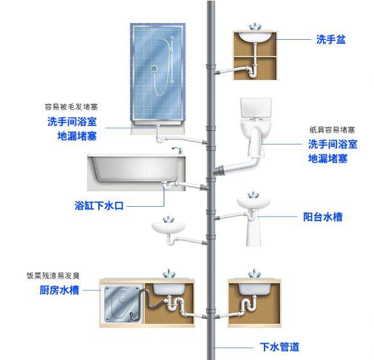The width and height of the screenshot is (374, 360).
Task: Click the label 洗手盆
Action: tap(330, 39)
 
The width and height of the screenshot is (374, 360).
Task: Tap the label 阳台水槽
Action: tap(322, 217)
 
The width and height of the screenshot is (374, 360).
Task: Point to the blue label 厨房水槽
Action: tap(59, 290)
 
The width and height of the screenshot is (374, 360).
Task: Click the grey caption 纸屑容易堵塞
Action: tap(332, 130)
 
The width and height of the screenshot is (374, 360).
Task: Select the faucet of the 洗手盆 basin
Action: tap(254, 28)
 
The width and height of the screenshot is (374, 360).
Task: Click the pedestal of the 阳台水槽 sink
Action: tap(255, 234)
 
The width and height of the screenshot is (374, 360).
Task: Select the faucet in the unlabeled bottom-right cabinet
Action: tap(254, 273)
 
